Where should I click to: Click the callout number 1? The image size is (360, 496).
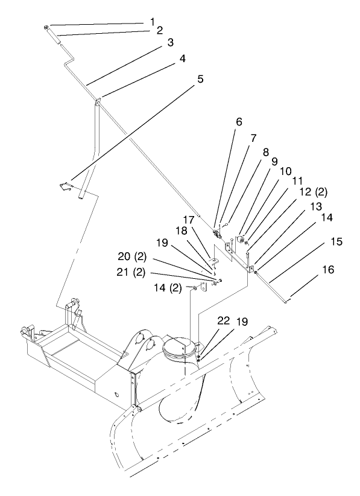153,21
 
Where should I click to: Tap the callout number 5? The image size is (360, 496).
200,78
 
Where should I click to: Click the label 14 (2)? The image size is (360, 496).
171,288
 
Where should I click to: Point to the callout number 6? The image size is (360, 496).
239,121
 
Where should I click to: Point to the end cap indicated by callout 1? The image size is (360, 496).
46,28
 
